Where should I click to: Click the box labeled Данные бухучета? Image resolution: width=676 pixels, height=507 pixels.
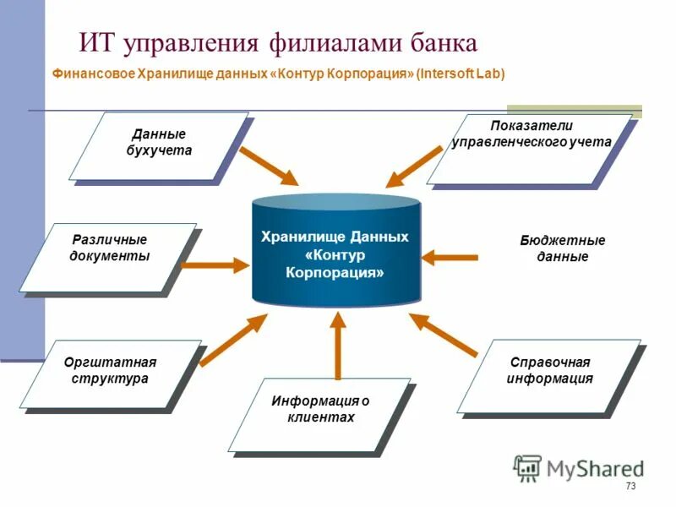159,144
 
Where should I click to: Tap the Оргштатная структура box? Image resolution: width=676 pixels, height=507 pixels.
111,373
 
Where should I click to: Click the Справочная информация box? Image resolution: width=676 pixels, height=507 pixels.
549,373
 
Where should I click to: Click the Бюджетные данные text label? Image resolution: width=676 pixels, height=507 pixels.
562,248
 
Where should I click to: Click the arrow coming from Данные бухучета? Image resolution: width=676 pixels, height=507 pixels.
269,166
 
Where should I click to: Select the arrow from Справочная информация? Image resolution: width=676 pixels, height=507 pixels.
444,334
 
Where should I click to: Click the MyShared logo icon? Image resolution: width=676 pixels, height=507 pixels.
527,467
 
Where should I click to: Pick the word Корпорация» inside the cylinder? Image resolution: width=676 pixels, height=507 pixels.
335,274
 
